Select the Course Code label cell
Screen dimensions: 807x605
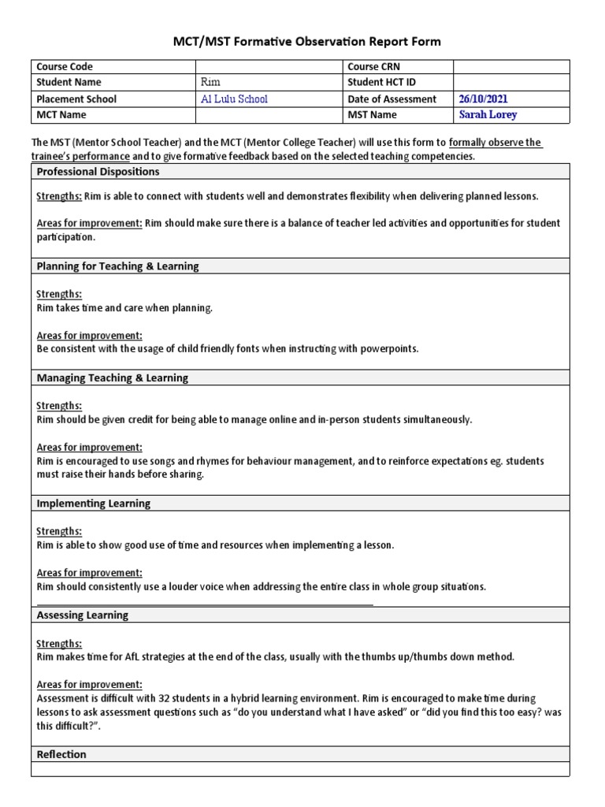(65, 67)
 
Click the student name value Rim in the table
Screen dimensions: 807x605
(212, 83)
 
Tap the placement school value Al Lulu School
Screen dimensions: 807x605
(235, 99)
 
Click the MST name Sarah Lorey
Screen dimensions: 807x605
(488, 114)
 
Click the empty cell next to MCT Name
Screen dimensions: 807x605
(268, 114)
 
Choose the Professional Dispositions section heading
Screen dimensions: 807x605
(98, 171)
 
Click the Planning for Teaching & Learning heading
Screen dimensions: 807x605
(117, 266)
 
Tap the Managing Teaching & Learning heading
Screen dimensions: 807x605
(113, 377)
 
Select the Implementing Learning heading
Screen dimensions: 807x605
(94, 503)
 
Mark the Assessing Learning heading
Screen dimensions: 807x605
(83, 615)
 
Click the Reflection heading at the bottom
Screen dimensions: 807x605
(61, 754)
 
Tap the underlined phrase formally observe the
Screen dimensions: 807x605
(495, 143)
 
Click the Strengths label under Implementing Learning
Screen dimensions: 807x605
(59, 531)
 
